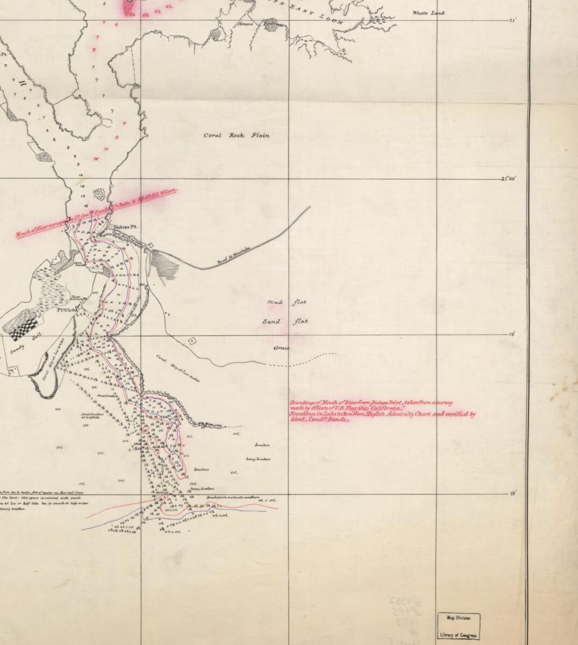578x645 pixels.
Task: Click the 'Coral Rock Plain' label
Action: [237, 135]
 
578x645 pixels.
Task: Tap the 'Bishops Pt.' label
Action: [125, 227]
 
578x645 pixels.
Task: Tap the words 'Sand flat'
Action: [284, 322]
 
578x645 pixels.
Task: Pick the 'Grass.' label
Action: [282, 348]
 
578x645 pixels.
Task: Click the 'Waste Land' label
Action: [429, 13]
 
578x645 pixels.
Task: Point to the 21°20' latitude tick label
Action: [508, 178]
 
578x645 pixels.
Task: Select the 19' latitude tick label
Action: [511, 334]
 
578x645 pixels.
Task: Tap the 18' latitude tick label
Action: [511, 492]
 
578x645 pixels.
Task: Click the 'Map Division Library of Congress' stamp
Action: [459, 627]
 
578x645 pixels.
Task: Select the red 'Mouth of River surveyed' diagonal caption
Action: [97, 214]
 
